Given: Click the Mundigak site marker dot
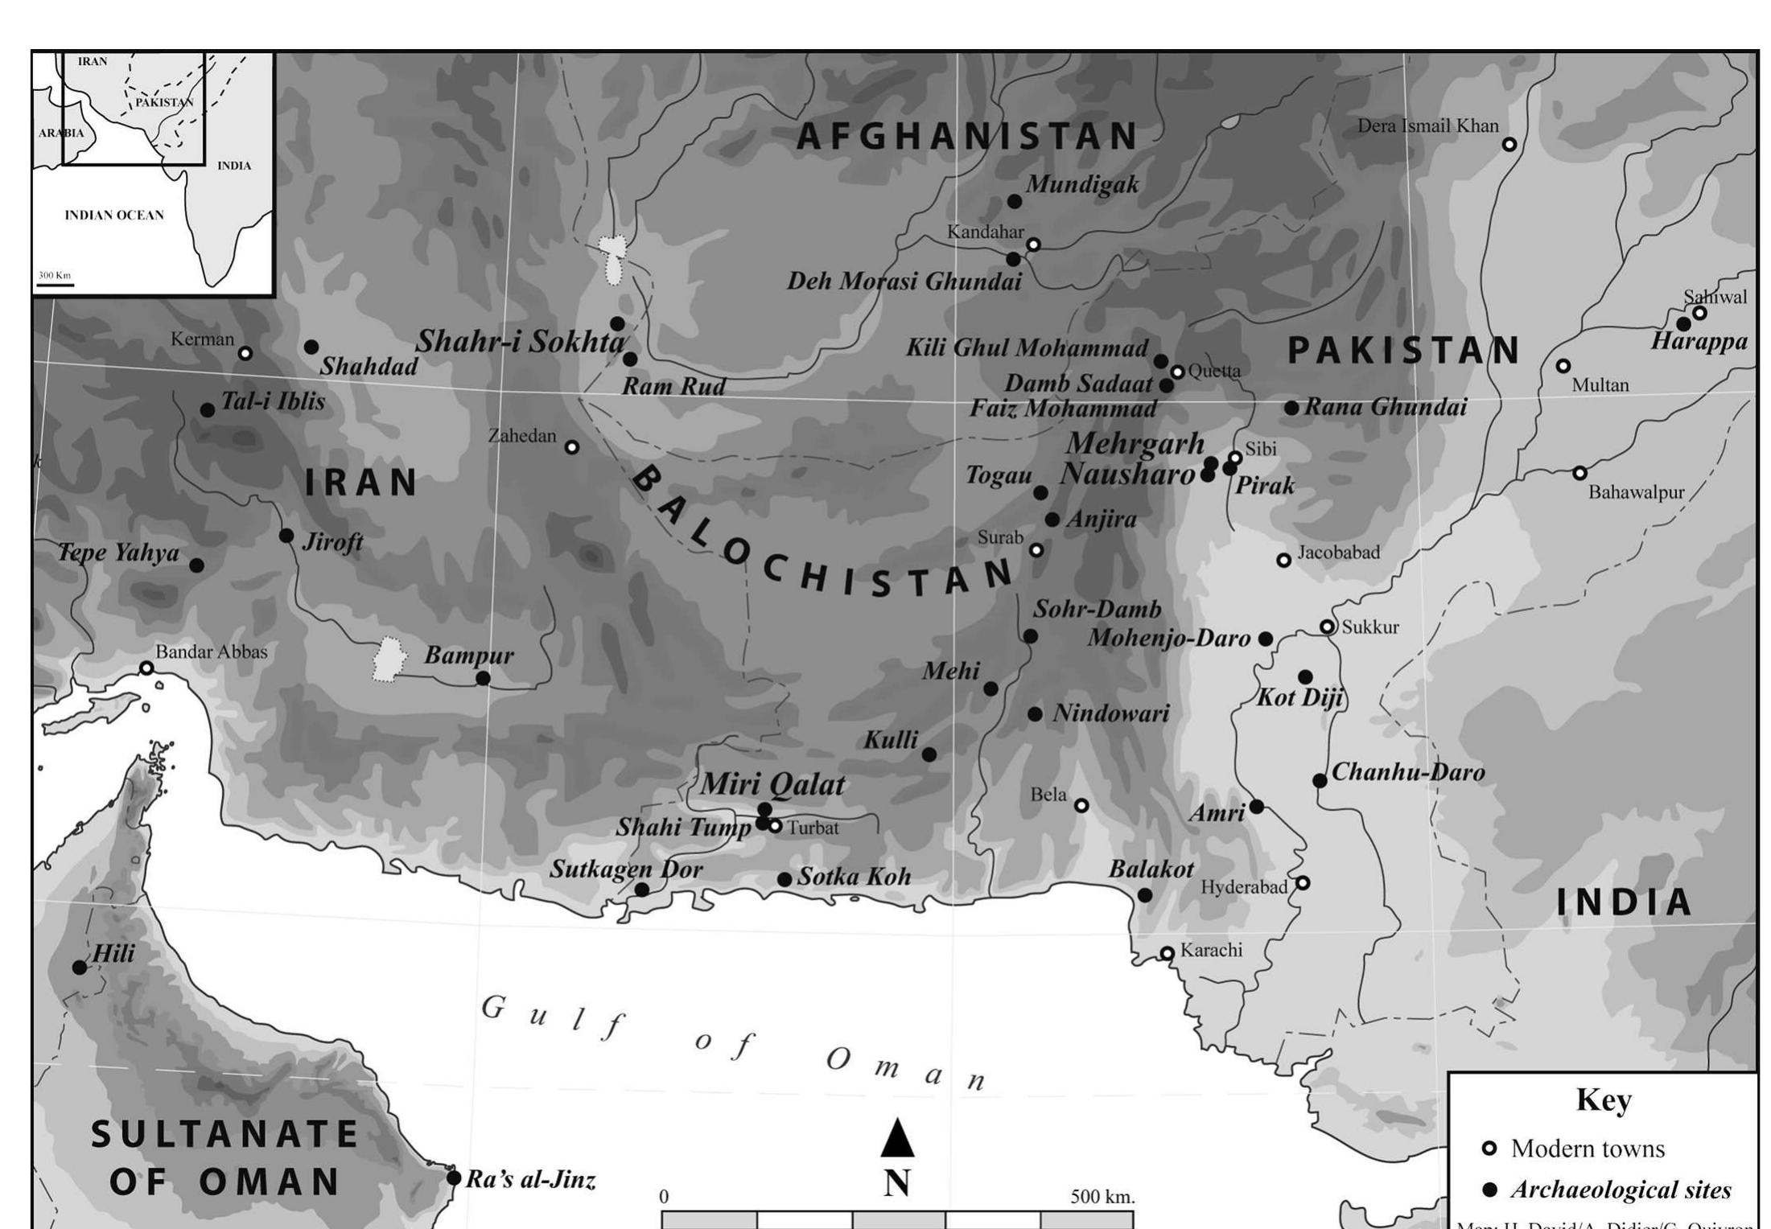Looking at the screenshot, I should point(1014,201).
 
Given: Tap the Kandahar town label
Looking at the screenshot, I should point(985,232).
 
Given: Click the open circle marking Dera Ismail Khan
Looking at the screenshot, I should point(1509,145).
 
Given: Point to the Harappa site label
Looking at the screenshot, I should point(1699,342).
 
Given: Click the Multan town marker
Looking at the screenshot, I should point(1563,366).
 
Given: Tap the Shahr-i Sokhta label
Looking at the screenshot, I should point(520,342).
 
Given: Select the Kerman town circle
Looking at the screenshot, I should point(245,353).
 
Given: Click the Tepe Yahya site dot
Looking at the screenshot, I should point(196,565).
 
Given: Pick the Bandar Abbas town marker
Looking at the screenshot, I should point(146,668).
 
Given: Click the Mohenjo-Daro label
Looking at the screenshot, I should point(1168,639).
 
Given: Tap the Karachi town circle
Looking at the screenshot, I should point(1167,953).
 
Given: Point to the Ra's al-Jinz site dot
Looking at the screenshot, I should point(454,1178).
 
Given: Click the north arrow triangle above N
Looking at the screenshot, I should point(897,1138).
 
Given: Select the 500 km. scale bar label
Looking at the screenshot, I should point(1102,1197).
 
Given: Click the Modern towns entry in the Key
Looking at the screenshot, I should point(1587,1149).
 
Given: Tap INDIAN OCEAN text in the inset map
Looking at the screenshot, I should point(114,216).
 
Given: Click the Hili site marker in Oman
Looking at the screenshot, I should point(80,968).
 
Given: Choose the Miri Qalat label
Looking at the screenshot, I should point(772,784).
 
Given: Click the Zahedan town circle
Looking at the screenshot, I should point(571,447).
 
